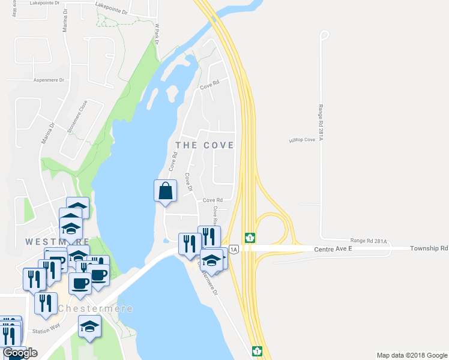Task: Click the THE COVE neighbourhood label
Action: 204,146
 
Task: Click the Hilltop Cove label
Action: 301,140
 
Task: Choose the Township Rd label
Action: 429,248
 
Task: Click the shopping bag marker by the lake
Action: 166,191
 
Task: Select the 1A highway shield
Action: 233,248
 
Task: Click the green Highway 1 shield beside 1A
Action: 249,238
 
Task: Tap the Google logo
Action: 20,353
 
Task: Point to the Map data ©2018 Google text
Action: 411,355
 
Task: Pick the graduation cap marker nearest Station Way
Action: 89,326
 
